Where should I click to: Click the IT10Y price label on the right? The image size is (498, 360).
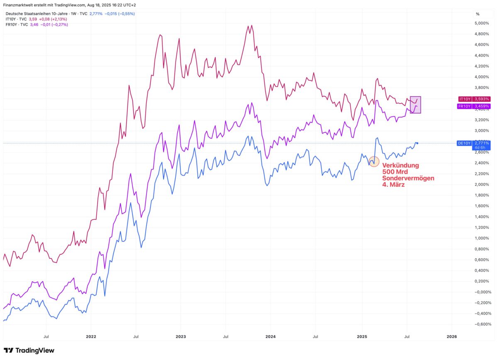pos(474,99)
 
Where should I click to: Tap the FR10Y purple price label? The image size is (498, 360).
pos(474,106)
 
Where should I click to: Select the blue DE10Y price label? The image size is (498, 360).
pos(474,143)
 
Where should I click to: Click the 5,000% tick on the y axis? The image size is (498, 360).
pos(482,23)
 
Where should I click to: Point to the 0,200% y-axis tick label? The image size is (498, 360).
pos(482,282)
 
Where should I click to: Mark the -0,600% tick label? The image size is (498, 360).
pos(482,324)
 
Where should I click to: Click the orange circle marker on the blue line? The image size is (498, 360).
pos(374,162)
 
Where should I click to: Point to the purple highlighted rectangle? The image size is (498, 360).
pos(415,105)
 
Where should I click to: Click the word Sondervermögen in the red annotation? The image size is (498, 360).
pos(408,178)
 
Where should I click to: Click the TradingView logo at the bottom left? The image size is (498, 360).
pos(29,350)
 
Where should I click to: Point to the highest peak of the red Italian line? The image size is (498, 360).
pos(252,25)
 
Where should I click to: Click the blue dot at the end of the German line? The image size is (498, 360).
pos(417,143)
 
